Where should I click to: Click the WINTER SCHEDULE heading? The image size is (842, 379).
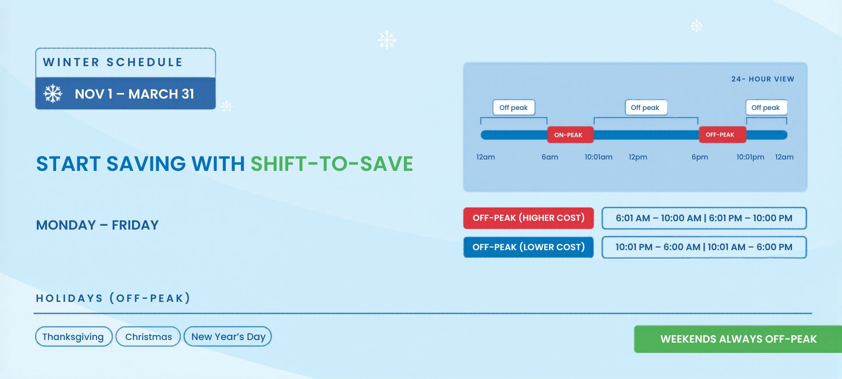[113, 62]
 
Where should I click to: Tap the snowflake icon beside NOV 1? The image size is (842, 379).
[53, 94]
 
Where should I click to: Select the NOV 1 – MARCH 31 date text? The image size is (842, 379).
[134, 94]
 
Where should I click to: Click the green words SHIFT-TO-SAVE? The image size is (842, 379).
[332, 164]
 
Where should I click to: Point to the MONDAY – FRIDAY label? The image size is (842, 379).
[97, 225]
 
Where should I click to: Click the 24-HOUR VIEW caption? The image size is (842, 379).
[763, 79]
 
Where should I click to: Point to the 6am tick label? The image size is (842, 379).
[550, 157]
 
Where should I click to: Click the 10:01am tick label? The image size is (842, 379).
[599, 157]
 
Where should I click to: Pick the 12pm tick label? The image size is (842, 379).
[638, 157]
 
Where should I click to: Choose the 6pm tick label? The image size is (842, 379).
[700, 157]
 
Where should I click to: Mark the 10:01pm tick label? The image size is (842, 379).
[750, 157]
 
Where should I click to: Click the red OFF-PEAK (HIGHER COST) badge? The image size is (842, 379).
[528, 218]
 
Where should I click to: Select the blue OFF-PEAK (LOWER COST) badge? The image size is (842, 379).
[528, 247]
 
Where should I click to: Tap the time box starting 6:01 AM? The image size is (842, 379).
[704, 218]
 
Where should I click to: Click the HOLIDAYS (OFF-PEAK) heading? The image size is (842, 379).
[113, 298]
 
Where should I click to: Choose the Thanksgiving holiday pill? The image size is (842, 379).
[74, 336]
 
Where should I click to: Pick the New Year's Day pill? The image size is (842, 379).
[228, 336]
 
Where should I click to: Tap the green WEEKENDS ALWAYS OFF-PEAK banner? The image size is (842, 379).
[738, 339]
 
